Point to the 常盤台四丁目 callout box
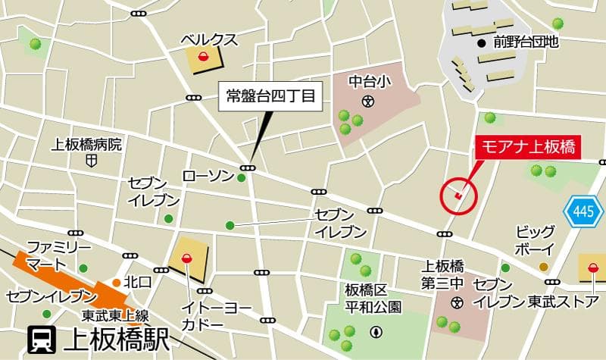[270, 96]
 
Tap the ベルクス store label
[208, 39]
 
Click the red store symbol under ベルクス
[203, 58]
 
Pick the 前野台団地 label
[525, 42]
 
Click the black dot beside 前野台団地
[482, 42]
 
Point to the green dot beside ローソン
[241, 178]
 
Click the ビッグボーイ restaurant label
[536, 239]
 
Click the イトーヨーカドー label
[202, 316]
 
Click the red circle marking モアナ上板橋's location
[458, 196]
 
